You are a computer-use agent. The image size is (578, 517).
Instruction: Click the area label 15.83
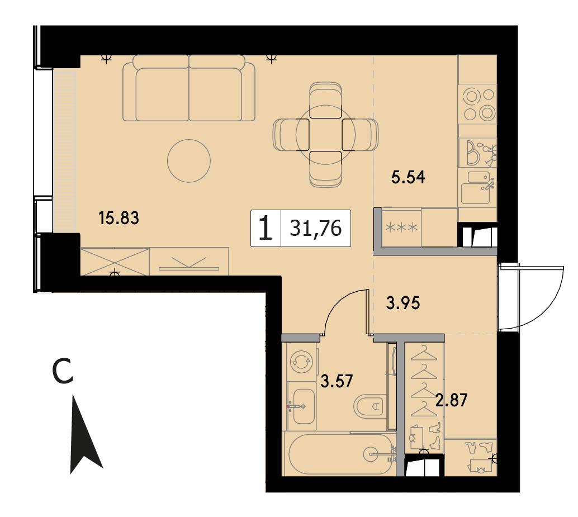pyautogui.click(x=119, y=218)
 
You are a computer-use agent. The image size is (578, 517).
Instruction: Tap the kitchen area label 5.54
pyautogui.click(x=408, y=177)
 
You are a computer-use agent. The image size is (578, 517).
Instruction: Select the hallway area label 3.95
pyautogui.click(x=403, y=303)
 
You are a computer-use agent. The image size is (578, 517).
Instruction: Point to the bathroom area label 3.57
pyautogui.click(x=337, y=381)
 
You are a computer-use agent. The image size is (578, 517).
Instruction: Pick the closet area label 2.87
pyautogui.click(x=451, y=400)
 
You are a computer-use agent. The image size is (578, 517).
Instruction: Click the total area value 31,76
pyautogui.click(x=315, y=228)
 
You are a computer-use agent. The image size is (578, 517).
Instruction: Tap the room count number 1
pyautogui.click(x=266, y=229)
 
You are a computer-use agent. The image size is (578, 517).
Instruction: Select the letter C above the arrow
pyautogui.click(x=63, y=372)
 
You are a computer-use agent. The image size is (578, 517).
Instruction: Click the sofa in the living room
pyautogui.click(x=189, y=88)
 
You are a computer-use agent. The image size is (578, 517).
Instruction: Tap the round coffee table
pyautogui.click(x=189, y=160)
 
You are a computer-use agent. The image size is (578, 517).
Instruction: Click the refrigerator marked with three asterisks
pyautogui.click(x=401, y=227)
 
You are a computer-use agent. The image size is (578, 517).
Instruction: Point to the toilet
pyautogui.click(x=369, y=407)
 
